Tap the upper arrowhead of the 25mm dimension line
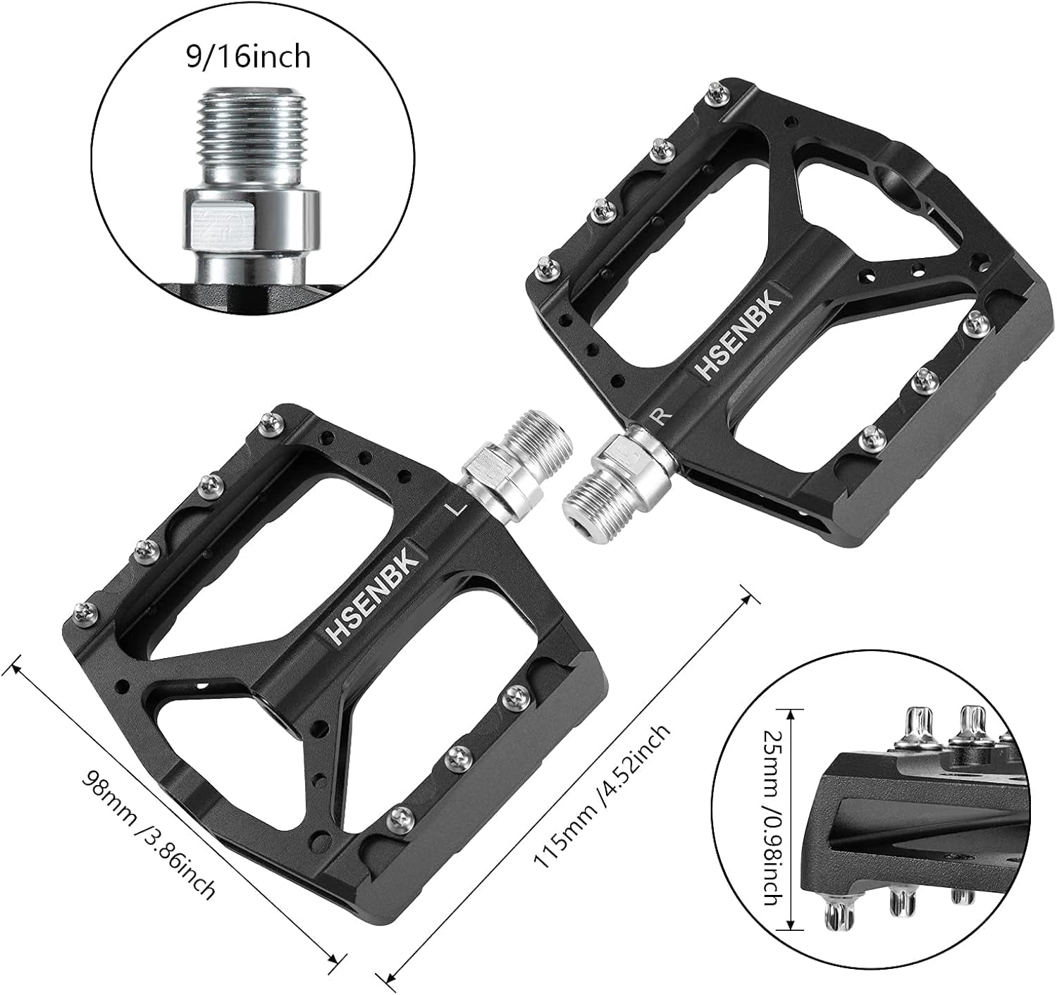[x=793, y=712]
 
